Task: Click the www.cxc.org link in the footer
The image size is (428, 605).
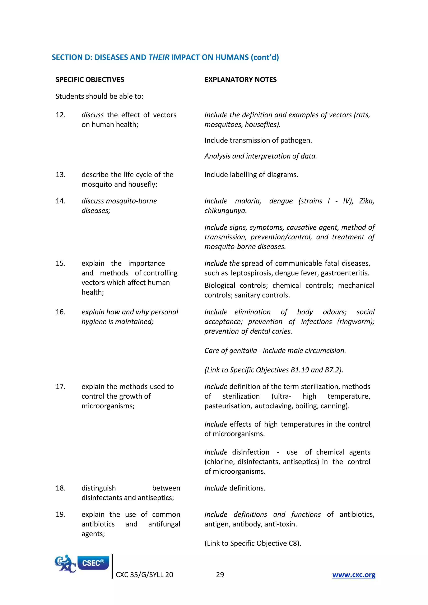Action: (354, 574)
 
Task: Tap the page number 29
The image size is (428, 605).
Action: (220, 574)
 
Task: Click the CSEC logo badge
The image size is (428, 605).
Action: (93, 563)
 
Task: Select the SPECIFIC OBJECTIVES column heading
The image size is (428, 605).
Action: (90, 80)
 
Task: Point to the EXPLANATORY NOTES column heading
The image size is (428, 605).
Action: (240, 80)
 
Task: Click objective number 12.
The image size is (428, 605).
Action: (61, 115)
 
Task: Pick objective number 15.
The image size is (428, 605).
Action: (61, 263)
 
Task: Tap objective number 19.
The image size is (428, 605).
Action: (61, 514)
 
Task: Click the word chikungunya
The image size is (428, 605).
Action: (225, 211)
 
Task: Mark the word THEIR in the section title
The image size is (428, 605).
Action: (159, 57)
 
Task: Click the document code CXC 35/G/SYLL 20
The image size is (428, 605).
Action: (144, 574)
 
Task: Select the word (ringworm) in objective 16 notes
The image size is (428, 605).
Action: (355, 322)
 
